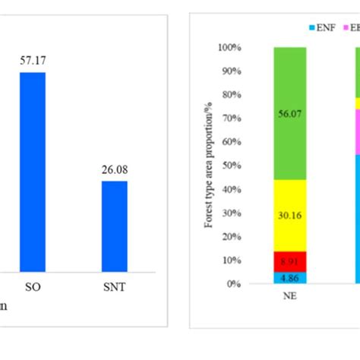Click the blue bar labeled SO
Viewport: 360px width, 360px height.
(32, 171)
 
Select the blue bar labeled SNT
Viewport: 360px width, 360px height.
(115, 226)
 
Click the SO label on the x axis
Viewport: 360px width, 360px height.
(32, 289)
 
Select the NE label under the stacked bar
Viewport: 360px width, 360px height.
(289, 297)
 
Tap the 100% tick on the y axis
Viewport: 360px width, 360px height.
(230, 47)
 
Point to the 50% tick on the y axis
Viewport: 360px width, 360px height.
(232, 166)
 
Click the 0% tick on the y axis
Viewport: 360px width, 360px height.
(234, 284)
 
